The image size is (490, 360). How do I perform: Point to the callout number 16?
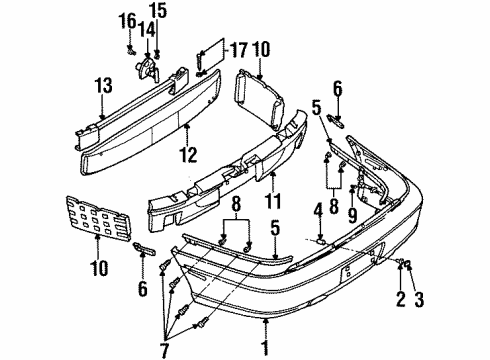128,19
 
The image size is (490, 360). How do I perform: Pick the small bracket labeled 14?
148,67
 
